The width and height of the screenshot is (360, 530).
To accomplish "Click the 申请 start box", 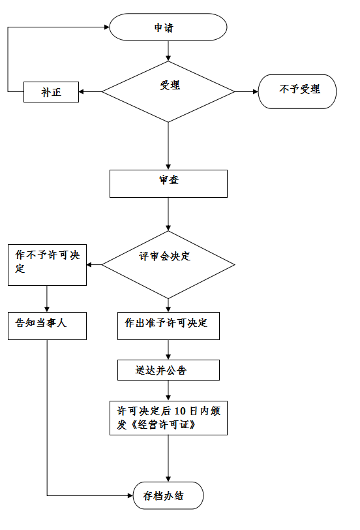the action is [x=168, y=27].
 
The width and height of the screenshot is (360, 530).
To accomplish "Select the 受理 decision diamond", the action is [x=168, y=91].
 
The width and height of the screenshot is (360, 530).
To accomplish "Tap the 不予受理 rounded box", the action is [x=297, y=91].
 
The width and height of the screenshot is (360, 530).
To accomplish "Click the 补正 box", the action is [x=51, y=92].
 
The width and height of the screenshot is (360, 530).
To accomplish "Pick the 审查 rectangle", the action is [x=168, y=183].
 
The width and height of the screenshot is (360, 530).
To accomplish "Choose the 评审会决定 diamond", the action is [x=168, y=264].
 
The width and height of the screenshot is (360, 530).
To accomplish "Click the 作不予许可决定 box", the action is [x=47, y=265].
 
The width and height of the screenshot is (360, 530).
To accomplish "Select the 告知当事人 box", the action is [x=47, y=326].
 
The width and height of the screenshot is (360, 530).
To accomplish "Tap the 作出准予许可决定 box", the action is [x=168, y=326].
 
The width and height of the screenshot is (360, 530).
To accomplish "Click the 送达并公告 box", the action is [x=168, y=370].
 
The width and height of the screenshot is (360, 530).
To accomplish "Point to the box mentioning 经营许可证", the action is [x=168, y=418].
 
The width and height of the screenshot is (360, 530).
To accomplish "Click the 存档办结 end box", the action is [x=168, y=495].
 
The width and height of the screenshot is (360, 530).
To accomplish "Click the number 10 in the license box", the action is [x=180, y=411].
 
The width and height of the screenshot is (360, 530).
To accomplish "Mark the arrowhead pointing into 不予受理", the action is [x=256, y=91].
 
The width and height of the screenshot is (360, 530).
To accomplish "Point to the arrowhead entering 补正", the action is [x=81, y=91].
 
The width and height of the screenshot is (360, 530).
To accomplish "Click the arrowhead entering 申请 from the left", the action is [x=107, y=27].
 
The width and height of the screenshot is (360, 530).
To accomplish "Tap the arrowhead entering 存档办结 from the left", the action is [x=130, y=495].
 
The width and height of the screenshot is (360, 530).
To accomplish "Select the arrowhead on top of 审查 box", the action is [x=168, y=167].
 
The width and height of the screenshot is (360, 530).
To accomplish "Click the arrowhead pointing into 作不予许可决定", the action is [x=89, y=264].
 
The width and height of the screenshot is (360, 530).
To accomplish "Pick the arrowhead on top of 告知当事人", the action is [x=47, y=309].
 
